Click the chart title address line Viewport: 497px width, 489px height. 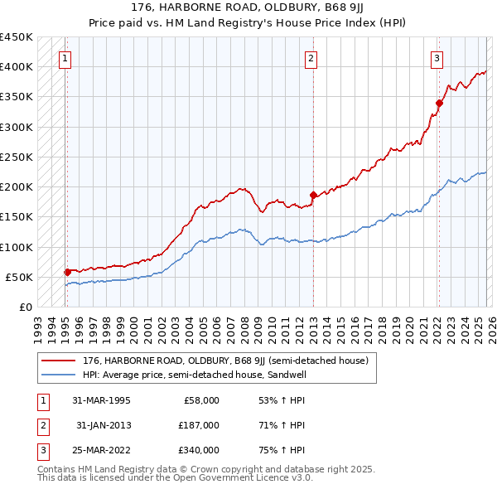tap(248, 7)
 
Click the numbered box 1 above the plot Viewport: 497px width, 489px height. tap(65, 58)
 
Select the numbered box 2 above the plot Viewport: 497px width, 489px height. tap(311, 58)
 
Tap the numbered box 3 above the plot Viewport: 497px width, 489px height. tap(437, 58)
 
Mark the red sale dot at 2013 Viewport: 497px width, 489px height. tap(313, 195)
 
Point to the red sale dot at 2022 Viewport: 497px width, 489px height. tap(439, 103)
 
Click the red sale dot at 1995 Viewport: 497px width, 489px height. tap(67, 271)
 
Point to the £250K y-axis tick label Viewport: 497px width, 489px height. tap(17, 157)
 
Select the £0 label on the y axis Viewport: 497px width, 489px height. tap(26, 307)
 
